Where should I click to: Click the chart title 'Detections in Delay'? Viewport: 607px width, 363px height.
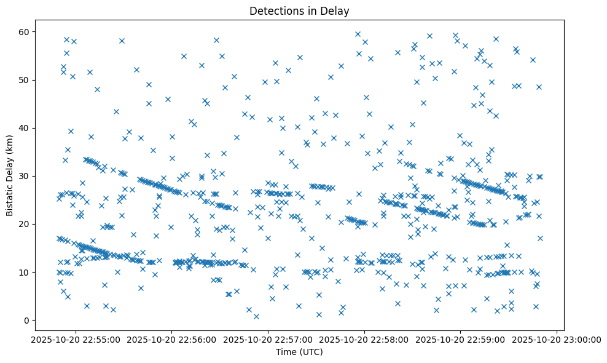tap(299, 10)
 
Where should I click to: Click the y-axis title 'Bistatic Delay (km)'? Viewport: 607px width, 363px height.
tap(10, 174)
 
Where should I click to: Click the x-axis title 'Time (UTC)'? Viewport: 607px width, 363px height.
tap(299, 353)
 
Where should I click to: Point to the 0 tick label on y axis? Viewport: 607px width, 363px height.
tap(26, 320)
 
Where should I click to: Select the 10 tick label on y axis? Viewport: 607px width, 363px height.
tap(24, 272)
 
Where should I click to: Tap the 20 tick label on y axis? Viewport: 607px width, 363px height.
tap(24, 224)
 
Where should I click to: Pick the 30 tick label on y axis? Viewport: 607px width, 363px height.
tap(24, 176)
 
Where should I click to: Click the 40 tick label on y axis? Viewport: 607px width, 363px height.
tap(24, 128)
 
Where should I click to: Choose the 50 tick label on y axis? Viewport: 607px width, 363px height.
tap(24, 80)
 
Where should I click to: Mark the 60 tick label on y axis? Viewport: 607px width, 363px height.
tap(24, 32)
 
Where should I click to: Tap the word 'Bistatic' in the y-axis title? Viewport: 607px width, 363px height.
tap(10, 199)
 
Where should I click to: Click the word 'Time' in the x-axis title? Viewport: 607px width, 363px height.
tap(286, 353)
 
